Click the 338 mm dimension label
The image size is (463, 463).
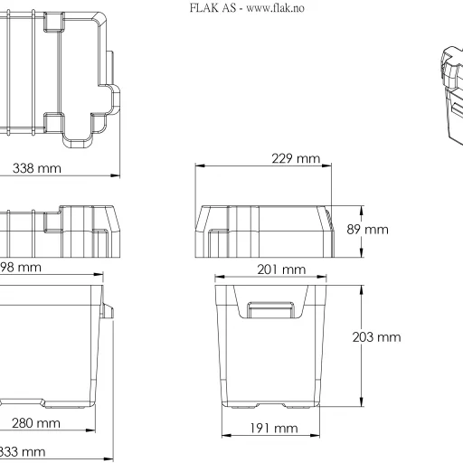37,168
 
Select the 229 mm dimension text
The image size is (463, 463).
296,158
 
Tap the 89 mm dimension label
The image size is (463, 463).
368,229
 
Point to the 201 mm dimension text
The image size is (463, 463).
280,269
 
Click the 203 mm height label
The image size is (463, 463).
375,337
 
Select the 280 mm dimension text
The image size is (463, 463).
36,422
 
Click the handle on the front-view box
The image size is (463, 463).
272,310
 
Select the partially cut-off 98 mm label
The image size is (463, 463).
21,267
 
